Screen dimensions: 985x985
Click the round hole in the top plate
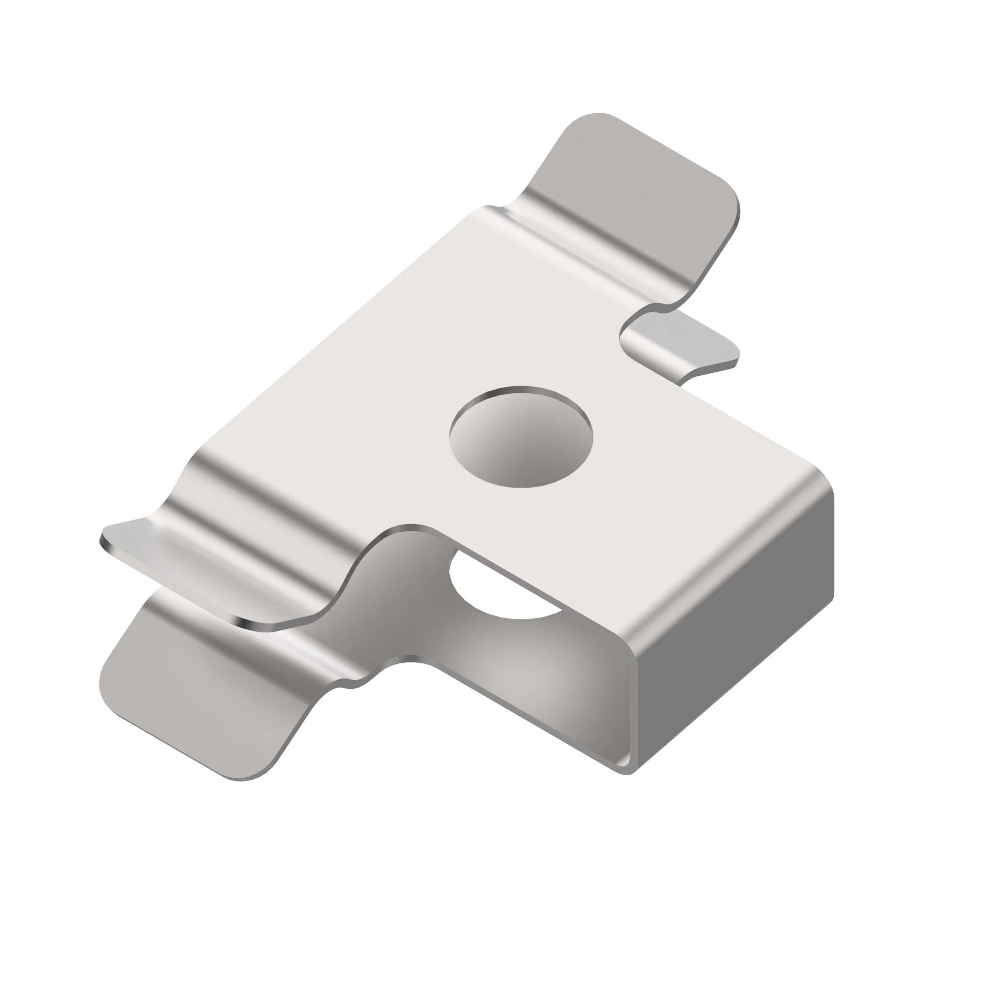(521, 437)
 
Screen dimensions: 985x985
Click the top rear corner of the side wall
(828, 490)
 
